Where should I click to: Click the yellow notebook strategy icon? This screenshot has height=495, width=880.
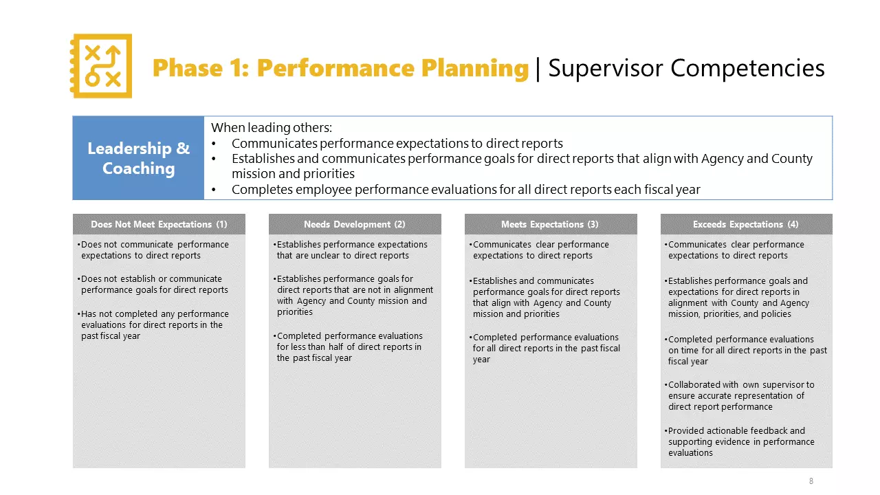click(x=101, y=66)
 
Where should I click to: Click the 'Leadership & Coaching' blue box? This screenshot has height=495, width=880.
click(x=138, y=158)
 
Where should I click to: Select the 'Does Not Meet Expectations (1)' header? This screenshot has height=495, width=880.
click(x=159, y=224)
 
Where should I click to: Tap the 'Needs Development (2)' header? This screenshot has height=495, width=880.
click(x=354, y=224)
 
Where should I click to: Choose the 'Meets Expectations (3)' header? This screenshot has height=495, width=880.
click(x=550, y=224)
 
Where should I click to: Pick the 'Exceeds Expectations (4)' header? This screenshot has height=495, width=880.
click(x=746, y=224)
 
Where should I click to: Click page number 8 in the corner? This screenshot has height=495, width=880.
click(x=811, y=481)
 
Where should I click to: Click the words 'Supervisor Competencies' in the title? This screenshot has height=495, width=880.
click(x=686, y=68)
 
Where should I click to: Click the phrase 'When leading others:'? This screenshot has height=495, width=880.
click(x=271, y=128)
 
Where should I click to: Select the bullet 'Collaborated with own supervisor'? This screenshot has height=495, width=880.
click(x=741, y=395)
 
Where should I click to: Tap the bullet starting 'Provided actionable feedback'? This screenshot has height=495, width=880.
click(x=741, y=441)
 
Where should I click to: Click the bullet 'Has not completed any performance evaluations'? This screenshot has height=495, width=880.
click(x=155, y=324)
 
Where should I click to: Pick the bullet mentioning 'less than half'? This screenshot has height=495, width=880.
click(x=349, y=346)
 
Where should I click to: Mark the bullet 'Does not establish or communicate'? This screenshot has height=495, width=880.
click(x=155, y=284)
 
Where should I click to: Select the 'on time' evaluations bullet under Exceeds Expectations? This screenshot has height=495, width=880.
click(x=746, y=350)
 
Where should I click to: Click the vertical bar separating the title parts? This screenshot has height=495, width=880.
click(x=538, y=68)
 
